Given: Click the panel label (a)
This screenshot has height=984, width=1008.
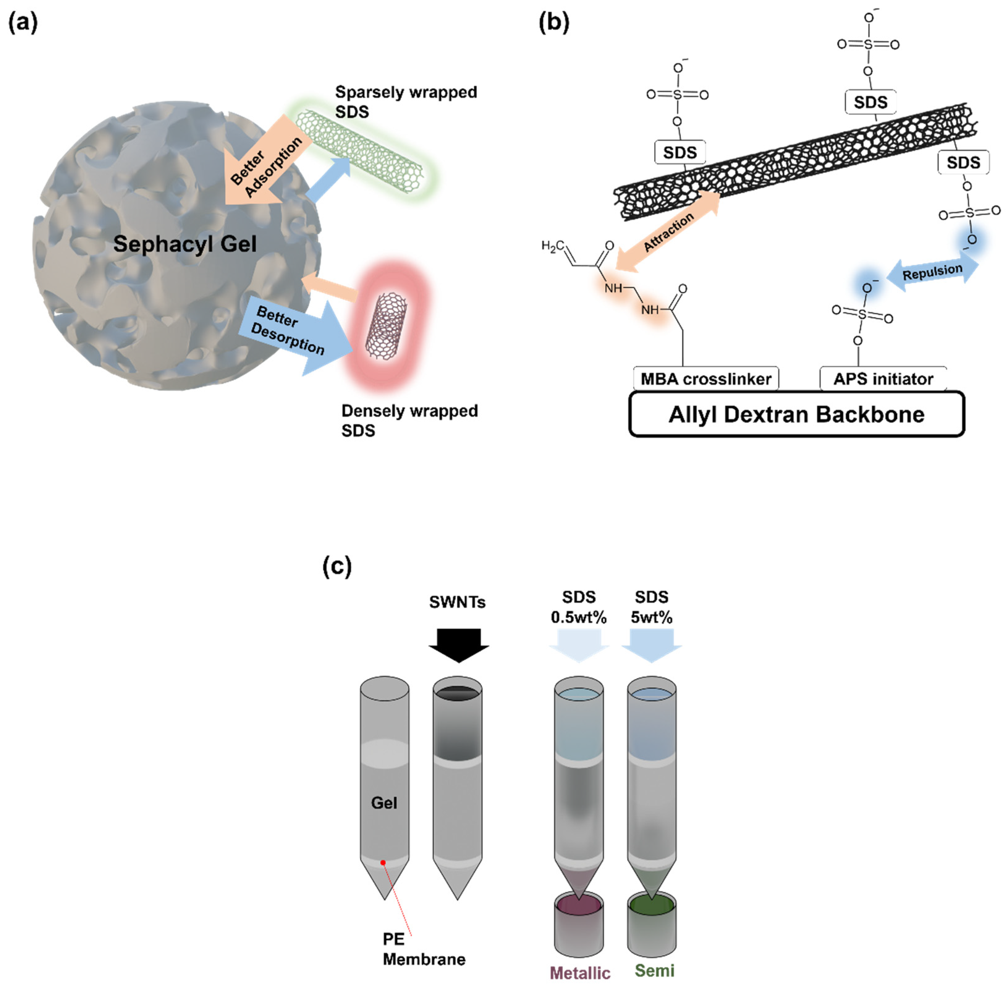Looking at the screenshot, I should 23,23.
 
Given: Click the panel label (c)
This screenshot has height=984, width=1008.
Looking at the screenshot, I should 337,566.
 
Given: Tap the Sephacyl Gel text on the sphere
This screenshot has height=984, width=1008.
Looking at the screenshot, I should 184,244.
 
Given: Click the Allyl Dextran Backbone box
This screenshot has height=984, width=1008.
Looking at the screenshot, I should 796,415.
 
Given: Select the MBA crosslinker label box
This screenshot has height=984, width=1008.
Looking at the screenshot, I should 705,379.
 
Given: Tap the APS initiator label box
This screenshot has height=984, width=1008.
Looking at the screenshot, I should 883,379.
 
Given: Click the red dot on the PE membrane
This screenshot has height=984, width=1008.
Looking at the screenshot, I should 383,862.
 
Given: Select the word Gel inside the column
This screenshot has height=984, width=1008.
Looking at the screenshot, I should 384,803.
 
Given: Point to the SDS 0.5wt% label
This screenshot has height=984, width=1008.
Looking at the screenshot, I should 578,607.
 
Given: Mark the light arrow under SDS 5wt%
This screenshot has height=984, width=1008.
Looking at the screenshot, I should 651,645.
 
